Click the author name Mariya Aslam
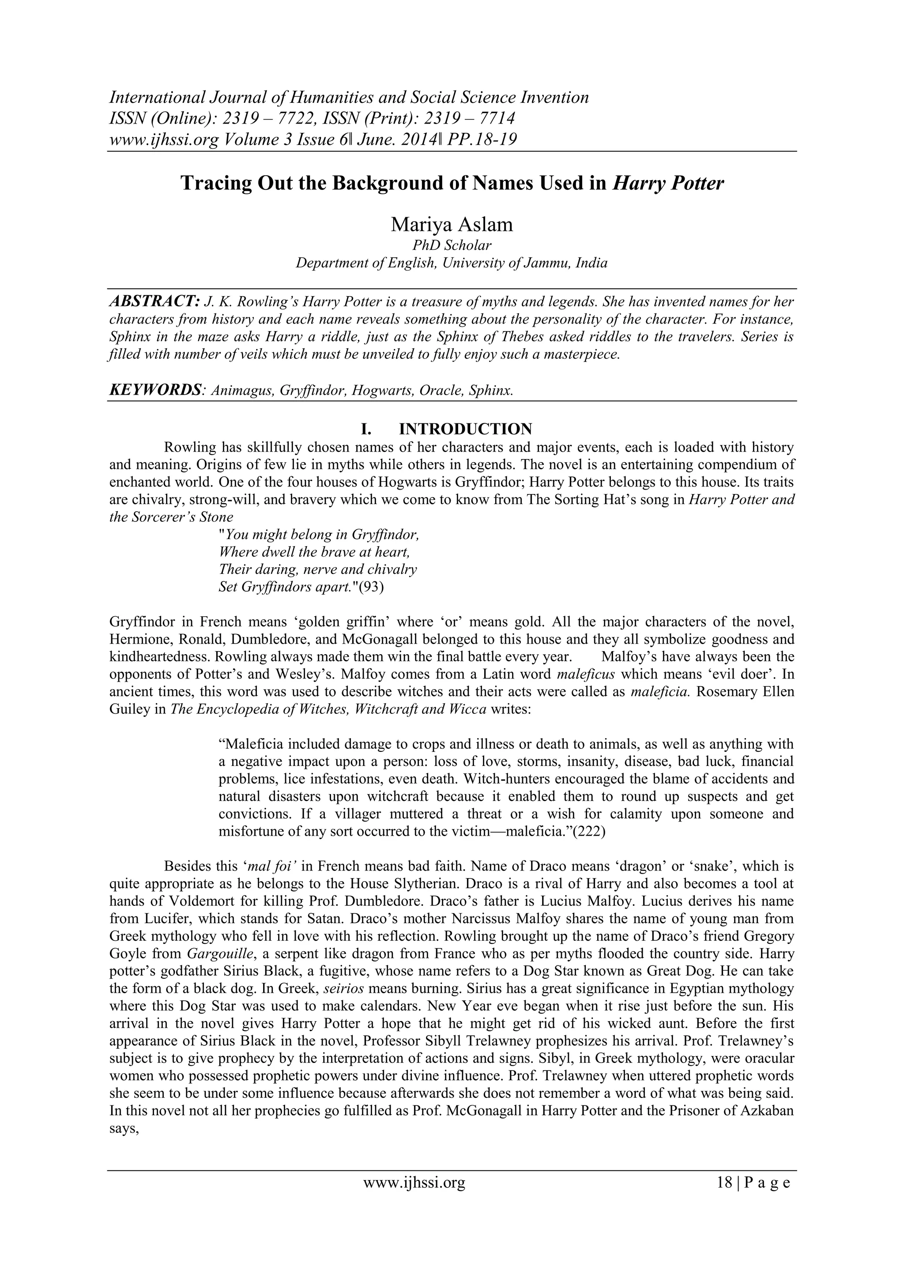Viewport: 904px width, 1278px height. click(x=452, y=224)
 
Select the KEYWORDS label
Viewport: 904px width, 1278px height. click(x=154, y=390)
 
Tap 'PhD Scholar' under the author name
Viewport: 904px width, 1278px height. click(x=452, y=245)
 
